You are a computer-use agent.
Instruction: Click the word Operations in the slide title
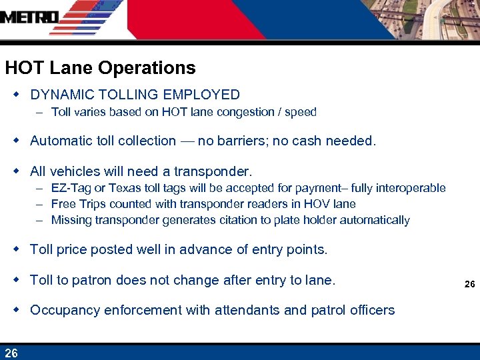pos(147,68)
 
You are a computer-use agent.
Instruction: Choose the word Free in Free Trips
pos(63,204)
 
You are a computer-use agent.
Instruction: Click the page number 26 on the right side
pos(469,284)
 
